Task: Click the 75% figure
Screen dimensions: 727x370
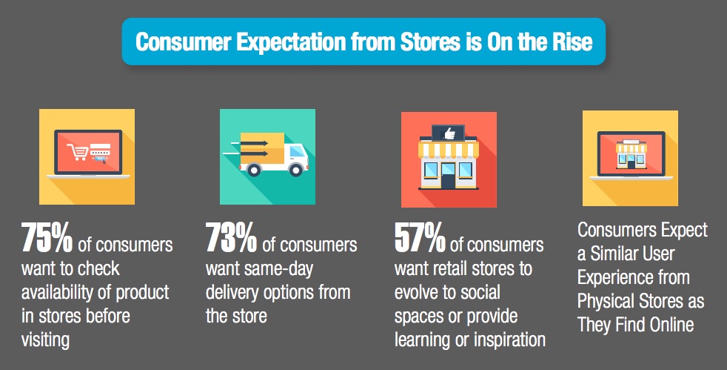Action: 47,238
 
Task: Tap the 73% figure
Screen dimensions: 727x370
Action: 231,238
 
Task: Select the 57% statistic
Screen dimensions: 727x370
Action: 420,238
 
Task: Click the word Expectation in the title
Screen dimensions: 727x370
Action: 291,42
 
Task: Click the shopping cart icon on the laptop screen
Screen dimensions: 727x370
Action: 78,152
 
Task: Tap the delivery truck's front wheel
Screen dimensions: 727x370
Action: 295,170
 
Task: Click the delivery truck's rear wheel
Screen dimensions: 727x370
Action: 254,170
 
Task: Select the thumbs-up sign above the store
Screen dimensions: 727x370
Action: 448,133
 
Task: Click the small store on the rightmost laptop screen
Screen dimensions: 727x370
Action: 631,154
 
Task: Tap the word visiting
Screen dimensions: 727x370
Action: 45,340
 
